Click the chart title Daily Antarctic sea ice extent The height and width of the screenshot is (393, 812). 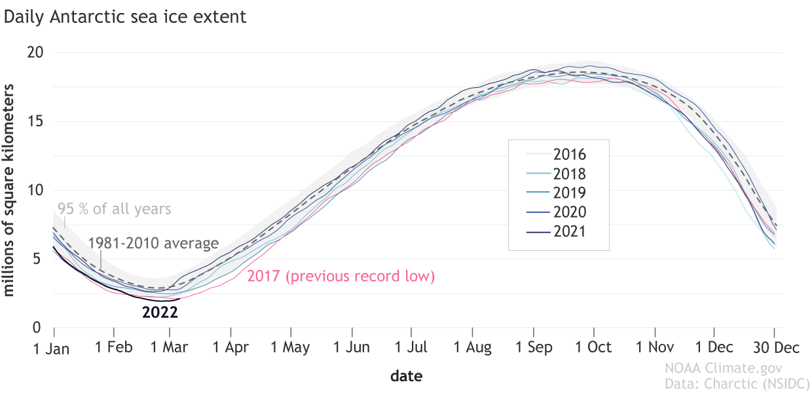[x=126, y=16]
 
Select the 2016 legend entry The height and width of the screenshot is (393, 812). [x=569, y=155]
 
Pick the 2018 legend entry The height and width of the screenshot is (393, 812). [x=569, y=174]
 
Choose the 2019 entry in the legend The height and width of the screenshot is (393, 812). [x=569, y=193]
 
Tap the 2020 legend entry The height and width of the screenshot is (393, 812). [x=569, y=212]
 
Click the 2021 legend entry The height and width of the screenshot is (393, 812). [x=569, y=231]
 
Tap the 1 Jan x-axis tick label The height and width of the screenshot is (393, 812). [x=52, y=348]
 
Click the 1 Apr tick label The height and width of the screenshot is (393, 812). [x=231, y=347]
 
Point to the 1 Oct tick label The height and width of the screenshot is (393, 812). [x=593, y=347]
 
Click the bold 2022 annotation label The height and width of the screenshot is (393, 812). [x=160, y=312]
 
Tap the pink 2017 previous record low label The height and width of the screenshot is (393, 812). [x=341, y=276]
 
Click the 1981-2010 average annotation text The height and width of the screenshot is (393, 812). [x=153, y=244]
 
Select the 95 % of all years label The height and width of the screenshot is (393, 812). [x=114, y=209]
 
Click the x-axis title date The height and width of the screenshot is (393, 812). [x=406, y=376]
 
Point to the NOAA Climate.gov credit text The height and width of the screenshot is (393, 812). [x=724, y=369]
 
